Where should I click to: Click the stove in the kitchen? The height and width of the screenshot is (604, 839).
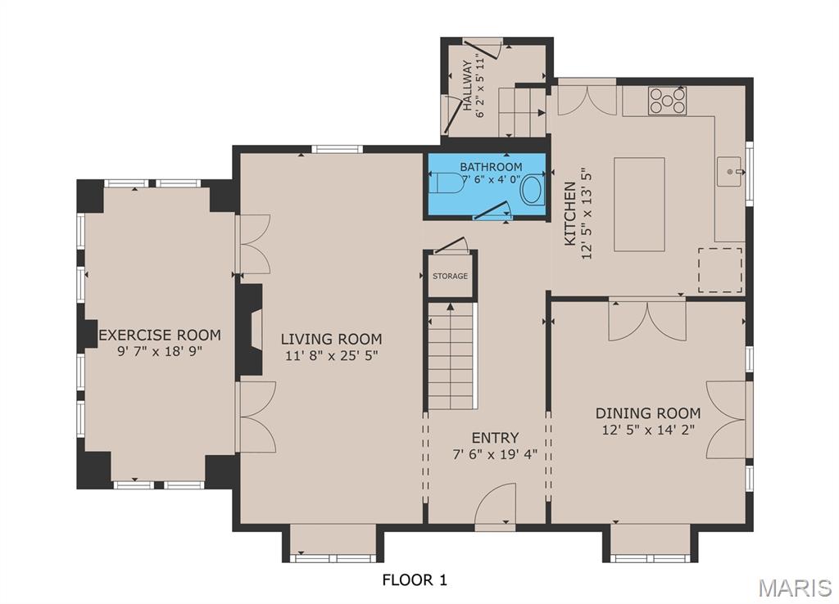point(667,101)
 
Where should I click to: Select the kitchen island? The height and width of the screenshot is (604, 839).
point(639,205)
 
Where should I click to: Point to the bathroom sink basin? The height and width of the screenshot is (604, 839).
point(532,190)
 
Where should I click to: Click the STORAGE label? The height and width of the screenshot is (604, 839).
point(450,277)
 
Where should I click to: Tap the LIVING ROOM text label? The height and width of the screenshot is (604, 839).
point(331,339)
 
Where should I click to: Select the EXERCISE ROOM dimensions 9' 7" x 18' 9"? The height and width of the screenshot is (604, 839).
point(160,351)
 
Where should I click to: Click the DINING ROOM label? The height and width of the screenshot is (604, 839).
point(647,413)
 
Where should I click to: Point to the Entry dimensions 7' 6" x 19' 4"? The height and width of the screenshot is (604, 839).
point(495,455)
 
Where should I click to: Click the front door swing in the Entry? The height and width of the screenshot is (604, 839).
point(496,503)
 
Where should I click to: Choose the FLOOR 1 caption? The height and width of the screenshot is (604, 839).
point(415,580)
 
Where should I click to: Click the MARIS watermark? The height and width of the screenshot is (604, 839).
point(794,587)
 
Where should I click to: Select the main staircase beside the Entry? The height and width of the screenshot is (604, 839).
point(451,355)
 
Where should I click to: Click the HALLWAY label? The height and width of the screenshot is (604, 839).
point(468,86)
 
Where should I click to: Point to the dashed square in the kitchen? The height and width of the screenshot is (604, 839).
point(720,270)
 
